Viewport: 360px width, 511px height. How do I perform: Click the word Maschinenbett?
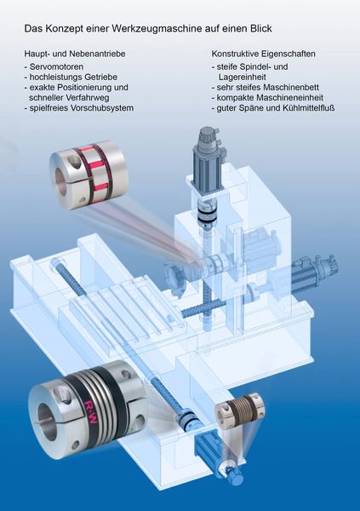click(284, 87)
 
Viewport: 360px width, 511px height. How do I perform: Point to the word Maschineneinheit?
click(287, 98)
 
